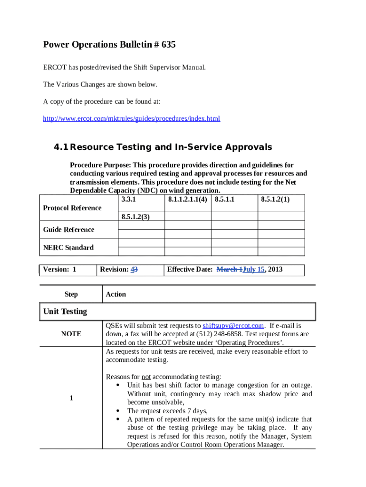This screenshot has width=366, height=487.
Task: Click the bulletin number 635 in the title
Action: pos(168,45)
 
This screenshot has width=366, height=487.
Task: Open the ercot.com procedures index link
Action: pos(132,118)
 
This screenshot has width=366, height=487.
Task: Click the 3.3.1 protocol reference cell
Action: pos(129,199)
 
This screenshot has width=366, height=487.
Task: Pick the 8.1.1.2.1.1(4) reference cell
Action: pos(187,199)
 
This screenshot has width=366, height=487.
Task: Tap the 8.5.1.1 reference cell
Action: pos(225,199)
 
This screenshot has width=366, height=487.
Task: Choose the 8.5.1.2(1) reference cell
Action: pos(275,199)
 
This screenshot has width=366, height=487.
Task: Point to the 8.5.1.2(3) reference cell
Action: pos(135,217)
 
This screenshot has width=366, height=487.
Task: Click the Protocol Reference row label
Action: pos(72,208)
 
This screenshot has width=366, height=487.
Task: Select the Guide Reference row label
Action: pos(69,230)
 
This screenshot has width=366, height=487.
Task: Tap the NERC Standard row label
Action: pos(68,247)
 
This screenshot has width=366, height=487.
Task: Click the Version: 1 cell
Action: pos(60,269)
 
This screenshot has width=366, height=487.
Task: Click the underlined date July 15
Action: pos(253,269)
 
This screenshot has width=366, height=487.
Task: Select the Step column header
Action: pos(71,294)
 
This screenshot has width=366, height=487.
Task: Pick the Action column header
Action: pos(116,294)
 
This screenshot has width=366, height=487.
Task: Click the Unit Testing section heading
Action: pos(65,312)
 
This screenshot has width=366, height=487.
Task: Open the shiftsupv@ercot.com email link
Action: pos(233,326)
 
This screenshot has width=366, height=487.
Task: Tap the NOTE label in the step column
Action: pos(71,334)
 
